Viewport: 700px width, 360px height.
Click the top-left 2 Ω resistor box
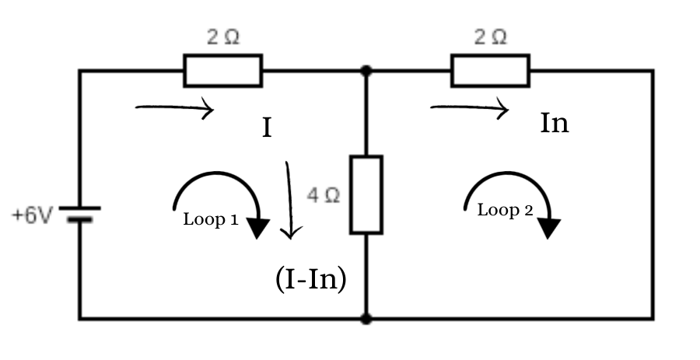click(x=223, y=71)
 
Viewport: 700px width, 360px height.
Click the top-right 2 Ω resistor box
click(x=490, y=71)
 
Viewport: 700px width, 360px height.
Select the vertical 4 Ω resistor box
click(x=366, y=194)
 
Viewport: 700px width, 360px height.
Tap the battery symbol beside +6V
click(x=79, y=214)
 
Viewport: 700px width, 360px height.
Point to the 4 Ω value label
click(x=324, y=196)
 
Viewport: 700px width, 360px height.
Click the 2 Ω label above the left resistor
click(x=223, y=37)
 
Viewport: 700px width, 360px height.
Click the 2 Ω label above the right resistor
click(x=490, y=37)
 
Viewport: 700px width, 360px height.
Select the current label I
click(x=267, y=128)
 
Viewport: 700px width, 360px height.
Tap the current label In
click(x=555, y=124)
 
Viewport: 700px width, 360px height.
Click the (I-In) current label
click(x=310, y=279)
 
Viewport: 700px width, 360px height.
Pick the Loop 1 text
click(x=210, y=219)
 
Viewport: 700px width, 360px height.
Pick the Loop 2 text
click(x=504, y=210)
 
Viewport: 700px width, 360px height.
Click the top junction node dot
click(x=366, y=71)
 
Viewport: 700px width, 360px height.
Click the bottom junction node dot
click(x=366, y=318)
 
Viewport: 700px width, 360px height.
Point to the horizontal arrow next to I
click(x=174, y=109)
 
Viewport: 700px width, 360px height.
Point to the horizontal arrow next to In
click(x=470, y=109)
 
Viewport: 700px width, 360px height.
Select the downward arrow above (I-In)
click(x=289, y=199)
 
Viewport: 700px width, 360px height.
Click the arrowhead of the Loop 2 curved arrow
click(x=550, y=227)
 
